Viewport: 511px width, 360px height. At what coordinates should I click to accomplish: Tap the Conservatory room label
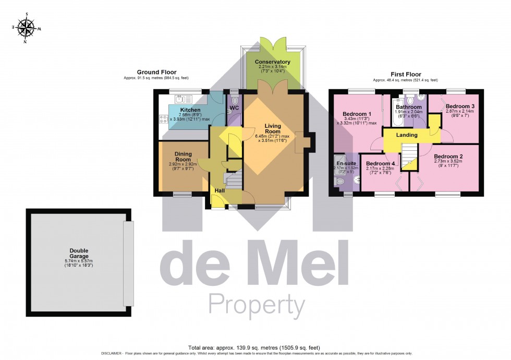click(x=272, y=62)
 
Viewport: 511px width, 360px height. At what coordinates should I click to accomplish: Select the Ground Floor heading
click(x=156, y=72)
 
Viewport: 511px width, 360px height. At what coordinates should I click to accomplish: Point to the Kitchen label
click(x=190, y=110)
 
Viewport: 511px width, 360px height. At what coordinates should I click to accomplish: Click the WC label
click(x=234, y=108)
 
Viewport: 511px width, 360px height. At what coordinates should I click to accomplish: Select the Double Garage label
click(x=77, y=253)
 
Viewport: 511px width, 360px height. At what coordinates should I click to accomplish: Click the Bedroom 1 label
click(x=357, y=114)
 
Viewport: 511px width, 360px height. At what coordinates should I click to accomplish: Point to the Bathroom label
click(x=408, y=107)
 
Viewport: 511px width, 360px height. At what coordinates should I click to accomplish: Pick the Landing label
click(x=407, y=135)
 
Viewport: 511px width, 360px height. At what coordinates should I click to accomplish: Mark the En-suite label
click(x=346, y=163)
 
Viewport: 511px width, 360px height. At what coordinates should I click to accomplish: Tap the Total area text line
click(x=255, y=347)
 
